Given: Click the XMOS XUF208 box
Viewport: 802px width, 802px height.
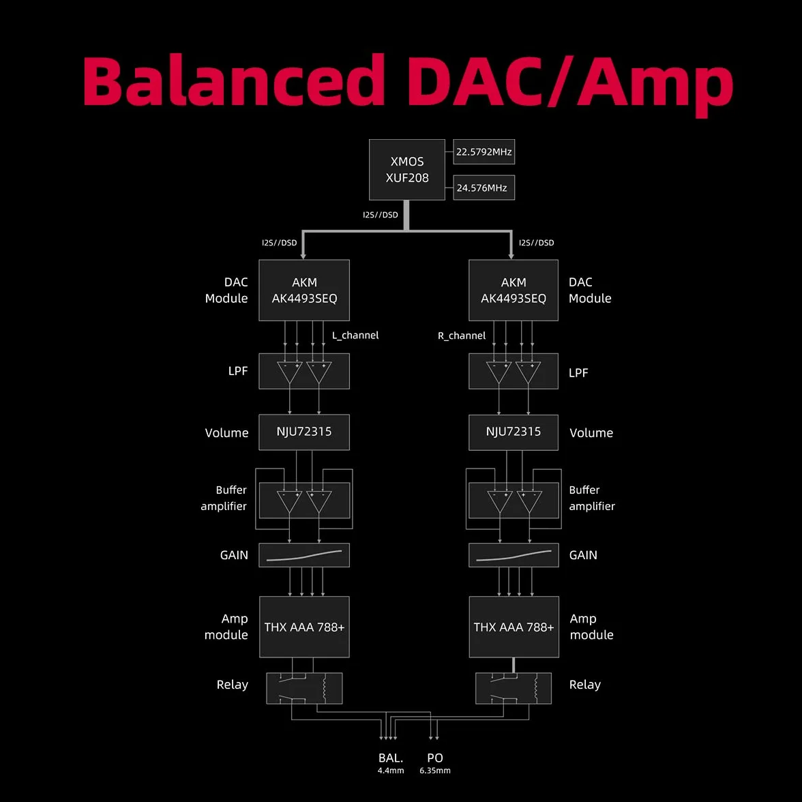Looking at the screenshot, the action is [x=406, y=169].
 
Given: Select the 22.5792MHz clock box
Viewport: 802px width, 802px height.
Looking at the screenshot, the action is [x=484, y=152].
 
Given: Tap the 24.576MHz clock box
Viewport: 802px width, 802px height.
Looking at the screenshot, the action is [x=484, y=188].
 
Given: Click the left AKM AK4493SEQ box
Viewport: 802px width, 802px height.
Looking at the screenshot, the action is [x=304, y=290].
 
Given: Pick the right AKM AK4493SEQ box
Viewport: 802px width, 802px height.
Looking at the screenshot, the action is [x=513, y=290].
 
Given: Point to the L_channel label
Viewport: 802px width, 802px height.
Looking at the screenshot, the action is [x=355, y=336].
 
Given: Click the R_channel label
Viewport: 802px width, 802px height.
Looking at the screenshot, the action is [x=461, y=336].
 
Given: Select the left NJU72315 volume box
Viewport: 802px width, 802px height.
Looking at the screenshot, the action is [x=304, y=432].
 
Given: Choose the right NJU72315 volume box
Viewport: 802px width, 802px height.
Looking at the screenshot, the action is [x=513, y=432].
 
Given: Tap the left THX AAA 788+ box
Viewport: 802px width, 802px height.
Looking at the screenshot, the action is [x=304, y=627].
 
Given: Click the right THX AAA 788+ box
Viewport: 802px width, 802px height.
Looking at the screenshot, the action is [x=514, y=627].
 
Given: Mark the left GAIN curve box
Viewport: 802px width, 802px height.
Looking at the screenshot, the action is [x=304, y=555].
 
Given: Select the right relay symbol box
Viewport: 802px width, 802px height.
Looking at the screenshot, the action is [x=514, y=689].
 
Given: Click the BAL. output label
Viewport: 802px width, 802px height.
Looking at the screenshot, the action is [x=391, y=758].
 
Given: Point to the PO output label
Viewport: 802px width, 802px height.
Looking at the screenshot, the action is [x=435, y=758].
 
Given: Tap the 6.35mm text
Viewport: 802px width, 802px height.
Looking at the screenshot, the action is [x=435, y=771].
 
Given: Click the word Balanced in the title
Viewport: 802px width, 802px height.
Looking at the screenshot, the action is [x=233, y=80].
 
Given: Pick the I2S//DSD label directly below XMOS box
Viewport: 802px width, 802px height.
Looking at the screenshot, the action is [x=380, y=215].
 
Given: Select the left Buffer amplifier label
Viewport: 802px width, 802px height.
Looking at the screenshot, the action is [x=224, y=498].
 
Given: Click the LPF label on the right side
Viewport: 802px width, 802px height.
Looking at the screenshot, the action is [x=578, y=373].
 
